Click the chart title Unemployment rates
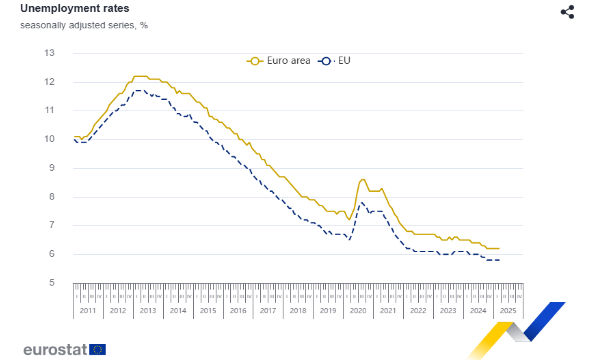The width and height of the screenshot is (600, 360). [x=59, y=9]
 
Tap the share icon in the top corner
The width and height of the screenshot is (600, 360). [x=568, y=11]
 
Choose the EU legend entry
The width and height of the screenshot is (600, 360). [x=334, y=61]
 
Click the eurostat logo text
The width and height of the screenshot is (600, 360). [x=50, y=349]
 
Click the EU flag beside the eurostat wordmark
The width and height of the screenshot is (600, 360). [x=96, y=349]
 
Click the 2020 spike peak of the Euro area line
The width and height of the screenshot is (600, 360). [x=362, y=180]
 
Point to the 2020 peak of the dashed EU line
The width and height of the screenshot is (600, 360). [x=361, y=203]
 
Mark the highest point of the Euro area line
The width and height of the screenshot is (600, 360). [x=140, y=76]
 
